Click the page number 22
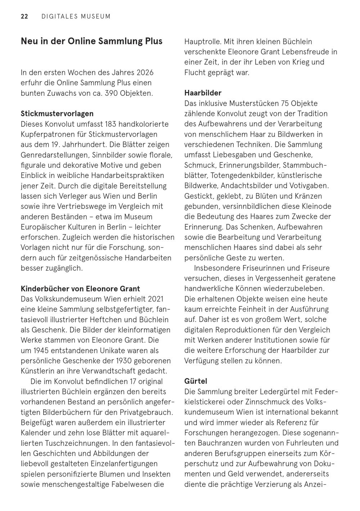24,16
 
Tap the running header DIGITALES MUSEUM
76,16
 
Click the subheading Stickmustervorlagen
57,114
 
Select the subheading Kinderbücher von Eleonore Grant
80,289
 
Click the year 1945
40,350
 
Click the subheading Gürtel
195,381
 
